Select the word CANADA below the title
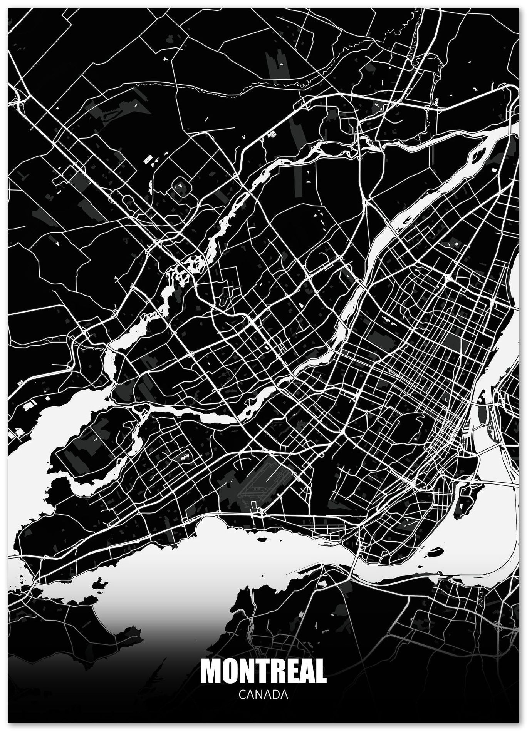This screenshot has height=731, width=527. [263, 705]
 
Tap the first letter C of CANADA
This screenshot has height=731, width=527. [242, 705]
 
